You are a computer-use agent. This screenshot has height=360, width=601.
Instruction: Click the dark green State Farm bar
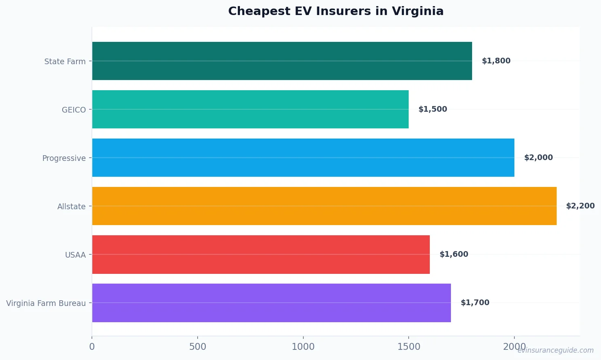[x=282, y=61]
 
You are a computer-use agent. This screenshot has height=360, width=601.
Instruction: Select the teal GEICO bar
[x=250, y=109]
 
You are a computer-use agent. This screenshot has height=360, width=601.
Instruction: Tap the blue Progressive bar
[x=303, y=158]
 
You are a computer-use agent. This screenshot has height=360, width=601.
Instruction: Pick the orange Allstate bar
[x=324, y=206]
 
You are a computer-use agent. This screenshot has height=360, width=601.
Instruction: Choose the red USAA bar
[x=261, y=254]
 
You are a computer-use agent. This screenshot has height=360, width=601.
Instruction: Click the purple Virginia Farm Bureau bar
[x=271, y=303]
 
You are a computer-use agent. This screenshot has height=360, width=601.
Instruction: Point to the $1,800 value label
[x=496, y=61]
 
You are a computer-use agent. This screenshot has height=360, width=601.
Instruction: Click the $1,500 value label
[x=433, y=109]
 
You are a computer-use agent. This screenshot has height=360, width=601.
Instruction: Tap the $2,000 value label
[x=538, y=158]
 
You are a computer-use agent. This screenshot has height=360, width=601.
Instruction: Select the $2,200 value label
[x=580, y=206]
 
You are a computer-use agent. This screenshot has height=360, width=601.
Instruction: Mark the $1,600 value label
[x=454, y=254]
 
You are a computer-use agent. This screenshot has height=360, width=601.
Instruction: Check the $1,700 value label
[x=475, y=303]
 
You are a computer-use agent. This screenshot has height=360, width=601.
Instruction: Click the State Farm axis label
[x=65, y=61]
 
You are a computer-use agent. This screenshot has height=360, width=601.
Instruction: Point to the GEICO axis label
[x=74, y=110]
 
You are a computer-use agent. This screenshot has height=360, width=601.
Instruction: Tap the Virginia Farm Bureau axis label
[x=46, y=303]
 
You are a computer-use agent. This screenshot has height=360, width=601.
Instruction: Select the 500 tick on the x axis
[x=198, y=347]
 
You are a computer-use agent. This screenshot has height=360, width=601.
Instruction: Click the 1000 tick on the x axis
[x=303, y=347]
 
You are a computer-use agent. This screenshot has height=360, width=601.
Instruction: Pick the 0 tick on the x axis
[x=92, y=347]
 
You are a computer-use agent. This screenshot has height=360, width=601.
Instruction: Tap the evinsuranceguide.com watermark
[x=555, y=350]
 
